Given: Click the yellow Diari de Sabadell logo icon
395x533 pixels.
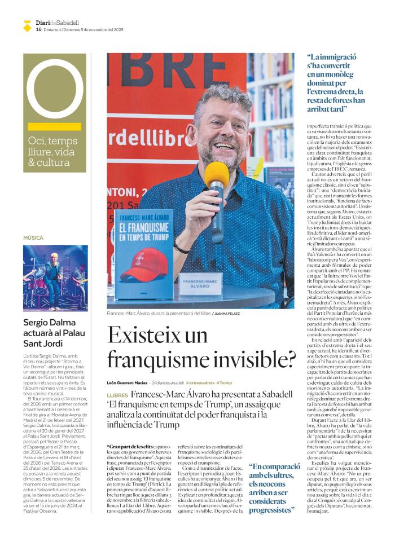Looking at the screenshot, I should [x=27, y=25].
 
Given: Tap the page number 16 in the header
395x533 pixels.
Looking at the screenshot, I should [x=38, y=29].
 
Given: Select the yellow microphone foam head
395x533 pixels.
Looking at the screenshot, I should [x=216, y=175].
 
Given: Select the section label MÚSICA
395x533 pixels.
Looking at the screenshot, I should [x=33, y=238].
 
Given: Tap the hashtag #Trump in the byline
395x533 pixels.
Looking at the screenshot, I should [x=224, y=382].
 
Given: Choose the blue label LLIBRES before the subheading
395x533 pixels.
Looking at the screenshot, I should [x=117, y=396].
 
